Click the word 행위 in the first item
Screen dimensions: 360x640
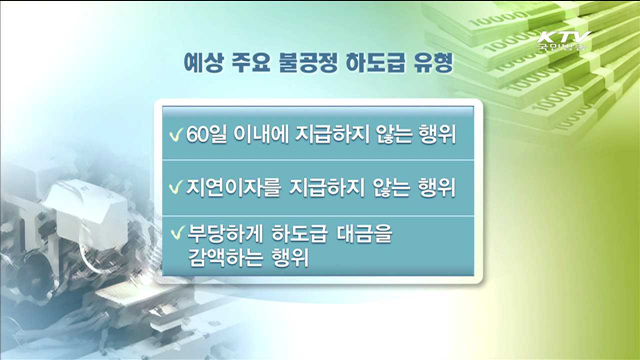click(435, 135)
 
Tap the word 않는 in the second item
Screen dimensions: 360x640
click(383, 187)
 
